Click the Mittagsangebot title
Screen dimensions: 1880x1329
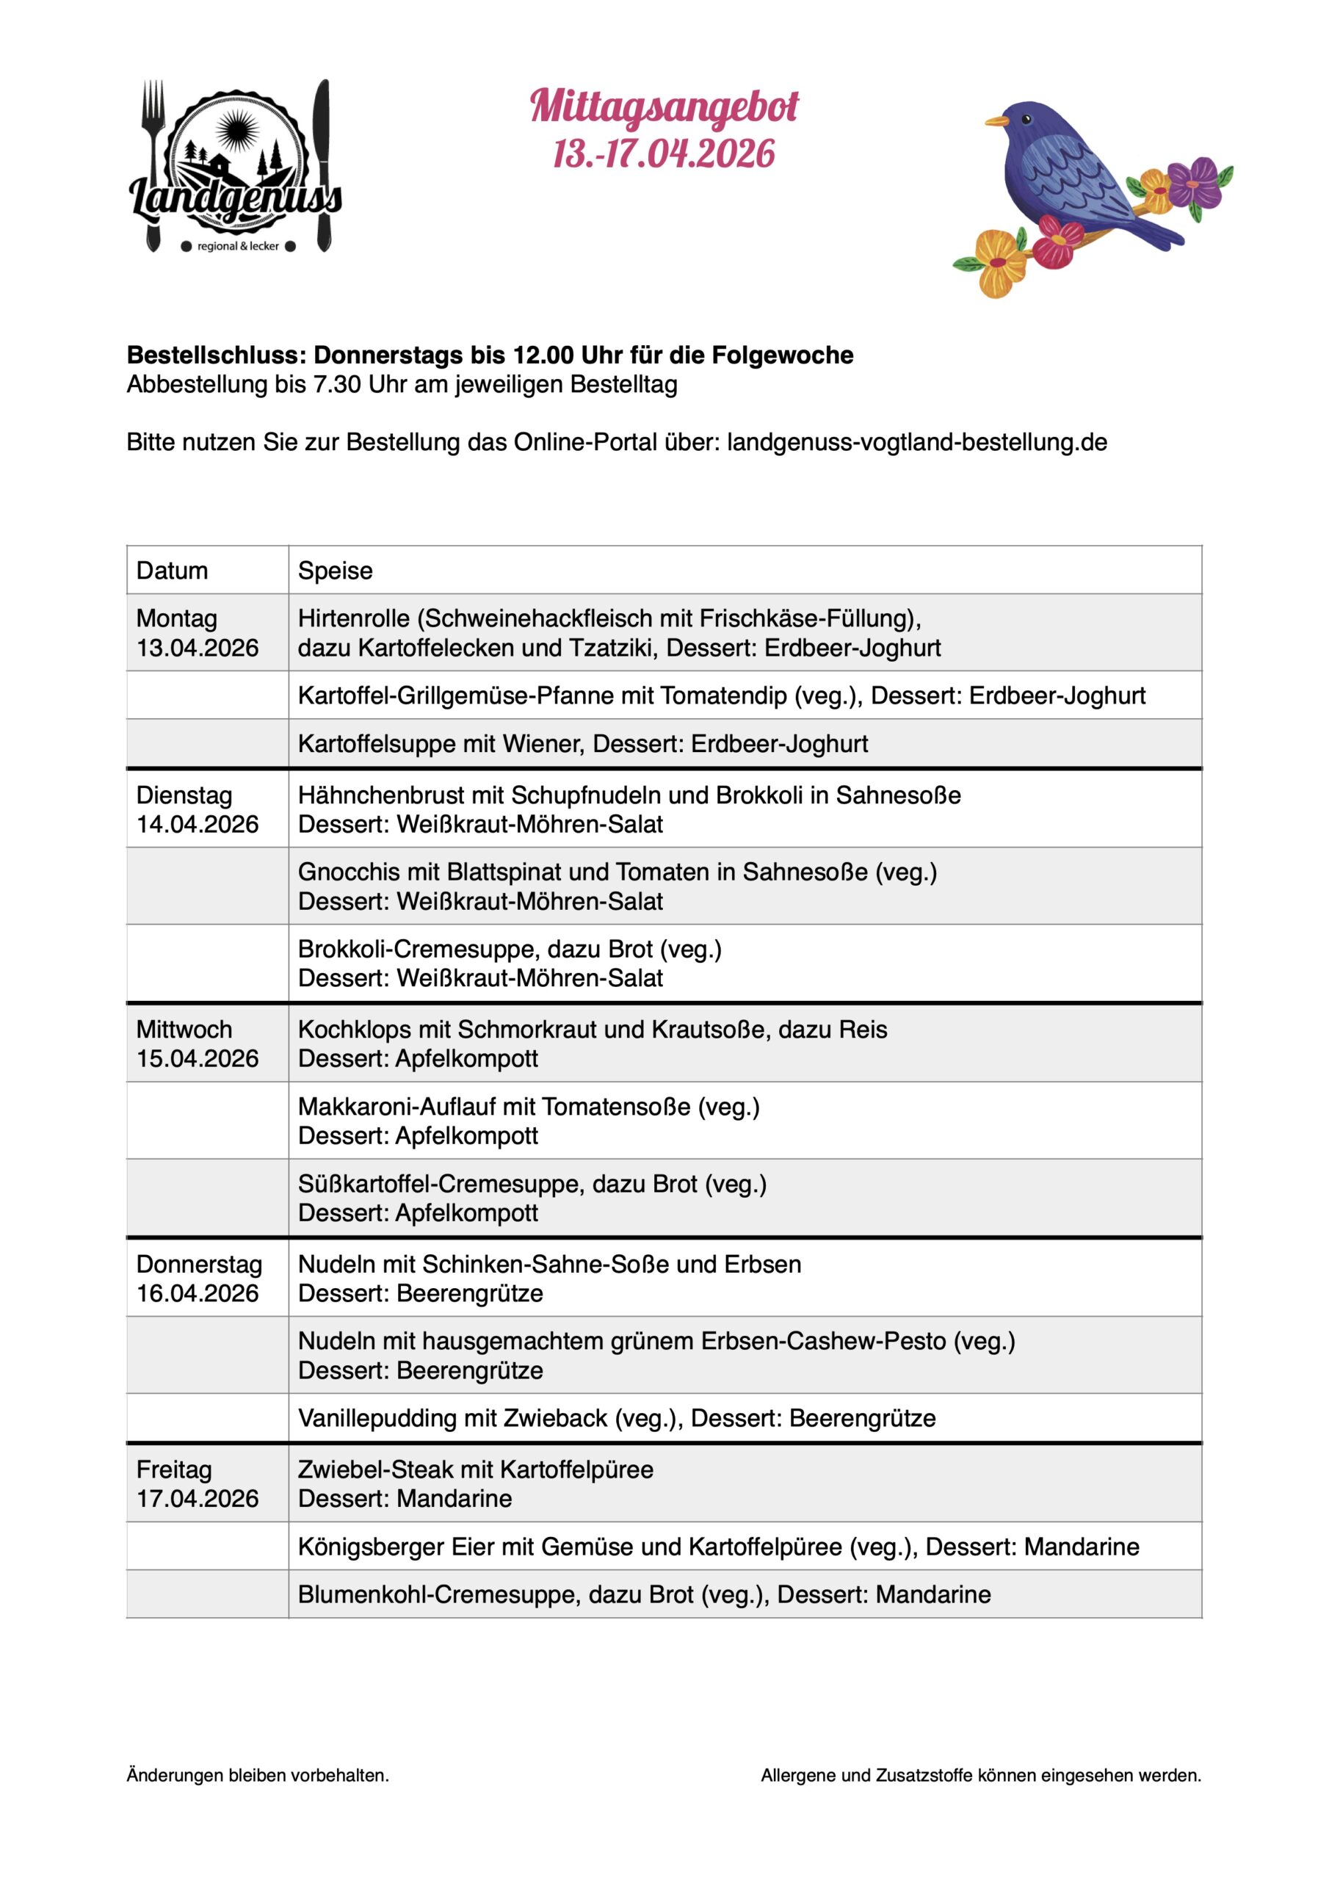click(663, 107)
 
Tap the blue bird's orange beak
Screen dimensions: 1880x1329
click(996, 121)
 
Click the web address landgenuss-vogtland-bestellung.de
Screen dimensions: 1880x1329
click(916, 442)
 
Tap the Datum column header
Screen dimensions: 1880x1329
click(172, 571)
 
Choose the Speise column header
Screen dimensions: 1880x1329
click(335, 571)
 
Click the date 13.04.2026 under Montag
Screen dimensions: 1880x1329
click(198, 648)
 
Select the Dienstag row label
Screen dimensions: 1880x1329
click(184, 795)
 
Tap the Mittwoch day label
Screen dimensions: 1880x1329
click(184, 1030)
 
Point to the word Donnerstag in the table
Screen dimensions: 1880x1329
click(199, 1265)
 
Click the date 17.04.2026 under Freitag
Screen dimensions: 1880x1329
click(198, 1498)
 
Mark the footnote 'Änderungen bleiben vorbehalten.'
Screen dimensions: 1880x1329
click(258, 1775)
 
